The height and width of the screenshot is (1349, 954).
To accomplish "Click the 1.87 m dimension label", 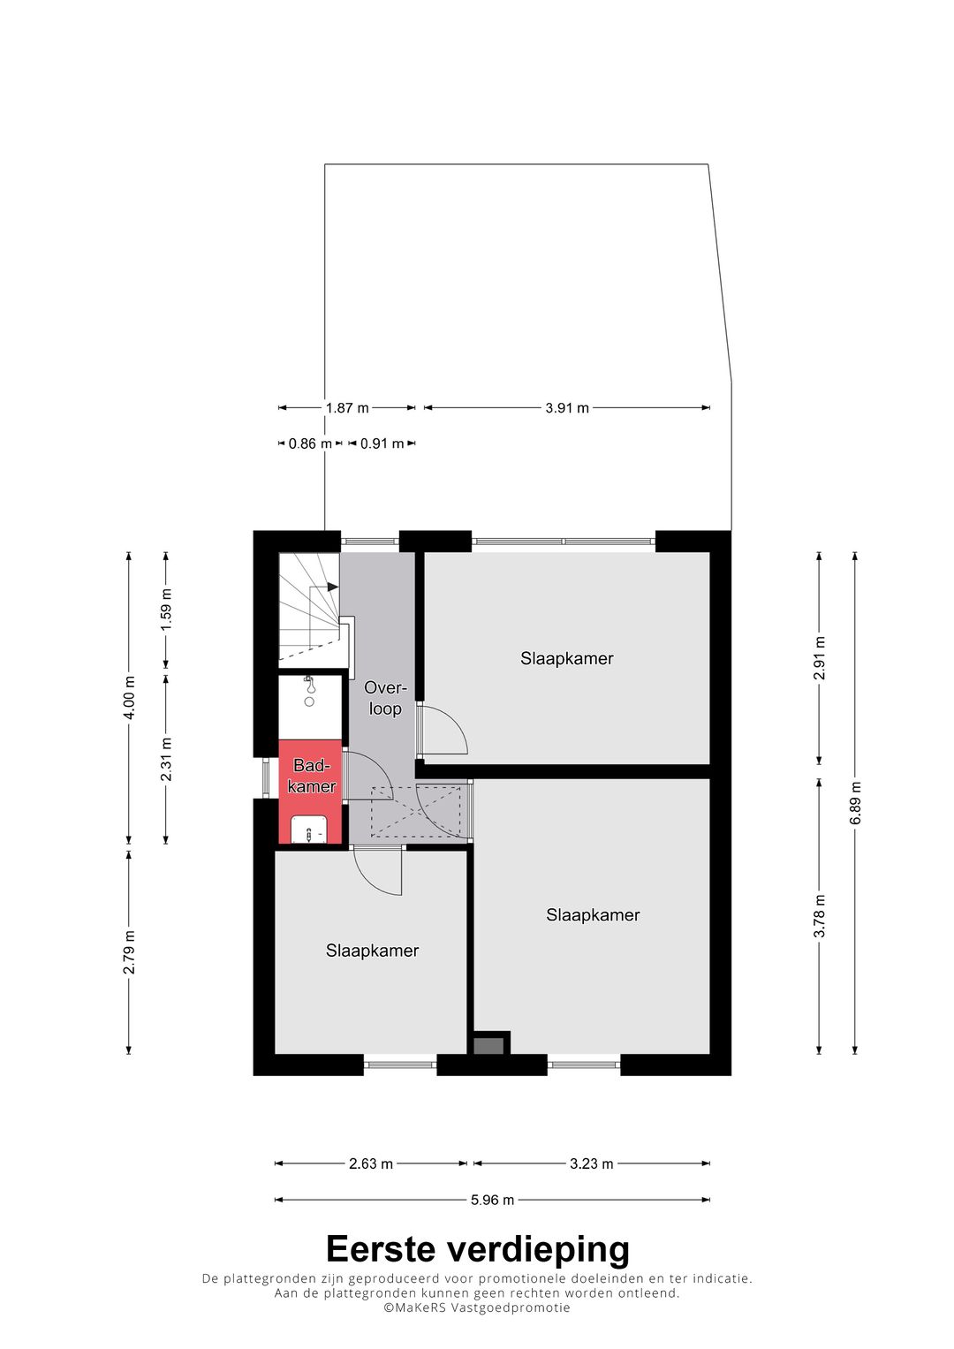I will [346, 408].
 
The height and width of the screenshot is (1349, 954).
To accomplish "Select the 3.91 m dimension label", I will [566, 408].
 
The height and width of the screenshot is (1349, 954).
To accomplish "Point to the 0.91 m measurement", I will [382, 443].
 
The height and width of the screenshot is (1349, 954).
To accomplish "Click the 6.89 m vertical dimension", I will [855, 803].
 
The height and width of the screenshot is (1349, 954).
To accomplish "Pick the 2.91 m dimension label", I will [820, 658].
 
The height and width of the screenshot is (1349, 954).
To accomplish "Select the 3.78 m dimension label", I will [820, 916].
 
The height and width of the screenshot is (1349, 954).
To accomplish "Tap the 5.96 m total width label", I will [492, 1200].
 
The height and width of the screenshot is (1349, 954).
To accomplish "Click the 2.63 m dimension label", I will [370, 1163].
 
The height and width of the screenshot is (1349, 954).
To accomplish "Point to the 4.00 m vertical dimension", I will [129, 698].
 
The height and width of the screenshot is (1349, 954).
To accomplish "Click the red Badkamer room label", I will [311, 776].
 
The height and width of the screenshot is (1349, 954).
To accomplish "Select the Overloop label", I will [385, 698].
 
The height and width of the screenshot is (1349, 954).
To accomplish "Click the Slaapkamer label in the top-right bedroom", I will [566, 658].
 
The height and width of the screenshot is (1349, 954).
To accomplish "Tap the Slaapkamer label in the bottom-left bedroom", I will [372, 951].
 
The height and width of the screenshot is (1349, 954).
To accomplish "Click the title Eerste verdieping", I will [477, 1249].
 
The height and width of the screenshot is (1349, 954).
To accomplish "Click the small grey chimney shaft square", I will [488, 1046].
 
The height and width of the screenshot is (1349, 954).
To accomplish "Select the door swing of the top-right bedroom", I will [444, 731].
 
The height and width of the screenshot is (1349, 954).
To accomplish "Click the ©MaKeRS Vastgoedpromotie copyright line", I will [477, 1307].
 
